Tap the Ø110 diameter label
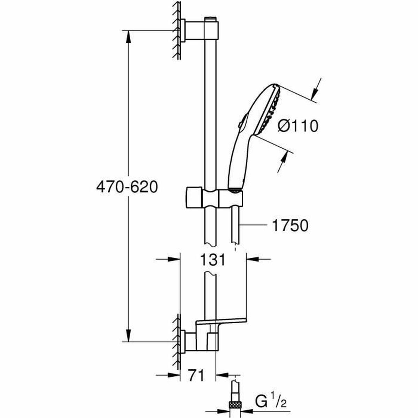(298, 126)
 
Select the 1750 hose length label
(290, 226)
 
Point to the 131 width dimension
(213, 260)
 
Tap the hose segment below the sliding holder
(236, 226)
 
